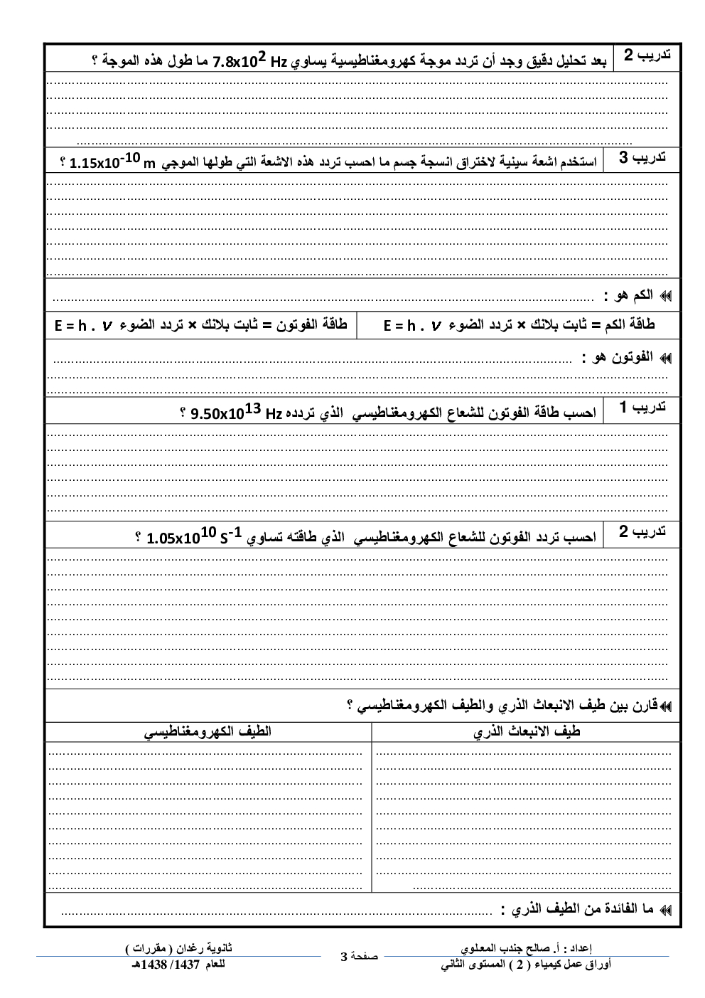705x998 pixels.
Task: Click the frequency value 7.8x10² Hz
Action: click(249, 61)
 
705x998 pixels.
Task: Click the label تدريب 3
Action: click(642, 158)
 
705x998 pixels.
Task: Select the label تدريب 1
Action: click(642, 408)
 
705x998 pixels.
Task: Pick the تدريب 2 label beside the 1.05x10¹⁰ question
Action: click(642, 532)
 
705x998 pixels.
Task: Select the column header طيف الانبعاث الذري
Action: click(527, 731)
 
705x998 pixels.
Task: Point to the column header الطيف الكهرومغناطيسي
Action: click(208, 731)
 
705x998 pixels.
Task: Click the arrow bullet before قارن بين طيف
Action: click(665, 706)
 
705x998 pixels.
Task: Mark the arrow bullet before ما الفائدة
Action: click(665, 910)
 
